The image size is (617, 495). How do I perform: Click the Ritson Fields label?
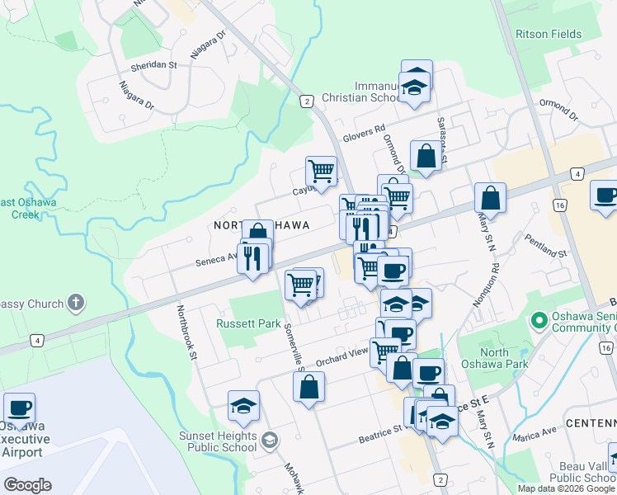pyautogui.click(x=549, y=35)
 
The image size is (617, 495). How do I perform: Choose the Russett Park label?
pyautogui.click(x=248, y=323)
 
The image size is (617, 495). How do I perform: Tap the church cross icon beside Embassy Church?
pyautogui.click(x=75, y=304)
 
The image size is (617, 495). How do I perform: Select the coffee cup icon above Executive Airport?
pyautogui.click(x=19, y=408)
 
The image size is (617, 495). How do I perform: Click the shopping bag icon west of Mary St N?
pyautogui.click(x=490, y=198)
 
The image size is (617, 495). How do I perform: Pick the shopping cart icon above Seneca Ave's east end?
pyautogui.click(x=320, y=172)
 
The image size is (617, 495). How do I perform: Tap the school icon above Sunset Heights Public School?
pyautogui.click(x=244, y=405)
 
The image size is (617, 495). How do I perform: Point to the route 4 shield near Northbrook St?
pyautogui.click(x=37, y=339)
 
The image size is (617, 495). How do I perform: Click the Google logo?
pyautogui.click(x=27, y=485)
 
